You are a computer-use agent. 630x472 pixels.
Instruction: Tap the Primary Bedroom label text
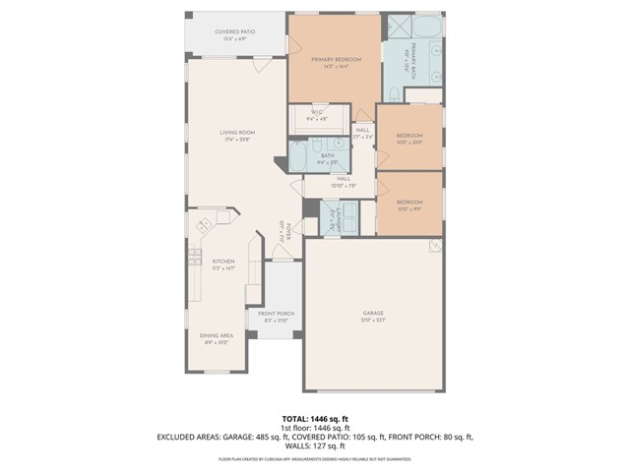(x=336, y=60)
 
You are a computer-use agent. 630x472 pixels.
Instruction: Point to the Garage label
(x=373, y=314)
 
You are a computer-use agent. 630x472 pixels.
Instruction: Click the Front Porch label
(x=277, y=314)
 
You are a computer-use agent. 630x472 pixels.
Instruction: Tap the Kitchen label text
(x=223, y=262)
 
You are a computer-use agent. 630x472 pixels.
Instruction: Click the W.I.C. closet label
(x=318, y=113)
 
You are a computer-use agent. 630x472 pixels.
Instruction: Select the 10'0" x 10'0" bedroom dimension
(x=409, y=143)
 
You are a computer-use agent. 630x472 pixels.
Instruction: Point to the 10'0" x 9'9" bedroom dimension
(x=409, y=208)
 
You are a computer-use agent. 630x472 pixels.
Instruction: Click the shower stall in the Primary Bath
(x=400, y=27)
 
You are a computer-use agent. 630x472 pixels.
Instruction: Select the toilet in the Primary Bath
(x=392, y=96)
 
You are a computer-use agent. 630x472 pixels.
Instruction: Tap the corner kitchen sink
(x=205, y=226)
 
